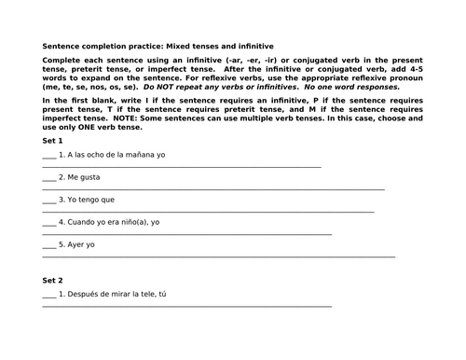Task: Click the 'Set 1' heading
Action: (53, 139)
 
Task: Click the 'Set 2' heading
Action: (53, 280)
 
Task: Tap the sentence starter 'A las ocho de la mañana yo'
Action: (116, 154)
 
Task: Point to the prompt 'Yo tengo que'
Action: (92, 200)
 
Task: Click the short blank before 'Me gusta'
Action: (48, 178)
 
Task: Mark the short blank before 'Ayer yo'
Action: (48, 246)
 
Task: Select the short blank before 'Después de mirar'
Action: (48, 297)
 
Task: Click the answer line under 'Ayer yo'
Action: (218, 256)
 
